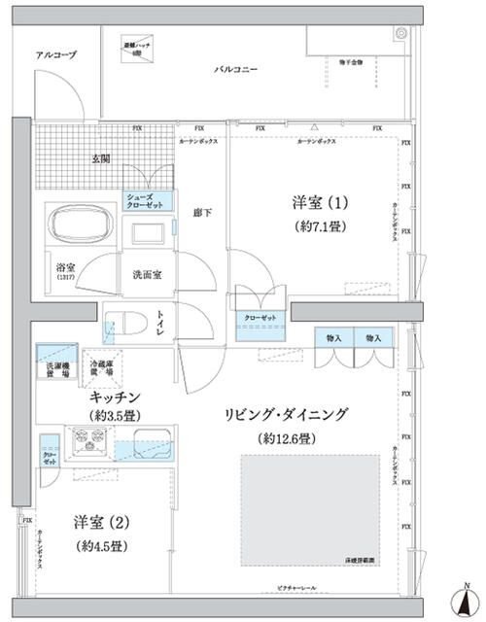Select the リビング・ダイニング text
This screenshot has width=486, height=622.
pos(287,414)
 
